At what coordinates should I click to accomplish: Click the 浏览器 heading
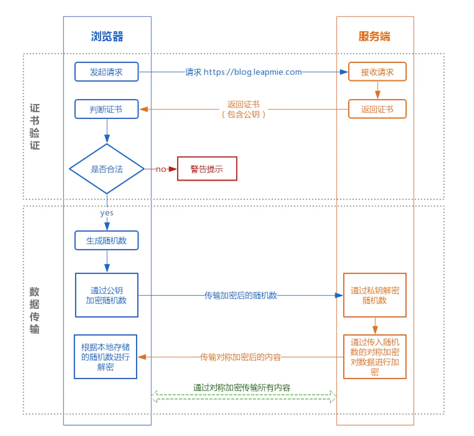click(x=107, y=36)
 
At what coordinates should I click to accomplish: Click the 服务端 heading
click(x=374, y=36)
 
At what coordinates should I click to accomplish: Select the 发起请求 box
click(x=106, y=72)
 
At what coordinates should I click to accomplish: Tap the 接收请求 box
click(x=377, y=72)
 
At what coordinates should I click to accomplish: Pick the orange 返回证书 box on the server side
click(x=377, y=109)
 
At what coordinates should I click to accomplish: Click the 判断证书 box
click(x=106, y=109)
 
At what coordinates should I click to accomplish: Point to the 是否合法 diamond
click(x=107, y=169)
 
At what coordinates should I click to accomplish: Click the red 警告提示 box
click(x=207, y=169)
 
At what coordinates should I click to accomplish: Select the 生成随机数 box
click(x=106, y=241)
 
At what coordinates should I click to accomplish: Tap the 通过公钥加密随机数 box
click(x=106, y=295)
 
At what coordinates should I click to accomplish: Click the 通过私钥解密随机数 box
click(x=375, y=295)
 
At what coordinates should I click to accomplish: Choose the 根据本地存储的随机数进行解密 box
click(x=106, y=357)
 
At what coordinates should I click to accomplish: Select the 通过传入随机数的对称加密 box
click(x=375, y=357)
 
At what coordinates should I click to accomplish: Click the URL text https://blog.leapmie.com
click(x=253, y=72)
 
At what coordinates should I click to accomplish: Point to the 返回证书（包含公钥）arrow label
click(x=243, y=109)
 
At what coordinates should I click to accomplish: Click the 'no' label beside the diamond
click(x=161, y=169)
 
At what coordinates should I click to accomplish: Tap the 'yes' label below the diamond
click(x=107, y=213)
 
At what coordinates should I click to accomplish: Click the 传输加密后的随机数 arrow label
click(x=241, y=295)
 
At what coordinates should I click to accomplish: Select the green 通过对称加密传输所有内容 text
click(x=241, y=388)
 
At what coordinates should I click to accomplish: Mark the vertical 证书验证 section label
click(x=34, y=127)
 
